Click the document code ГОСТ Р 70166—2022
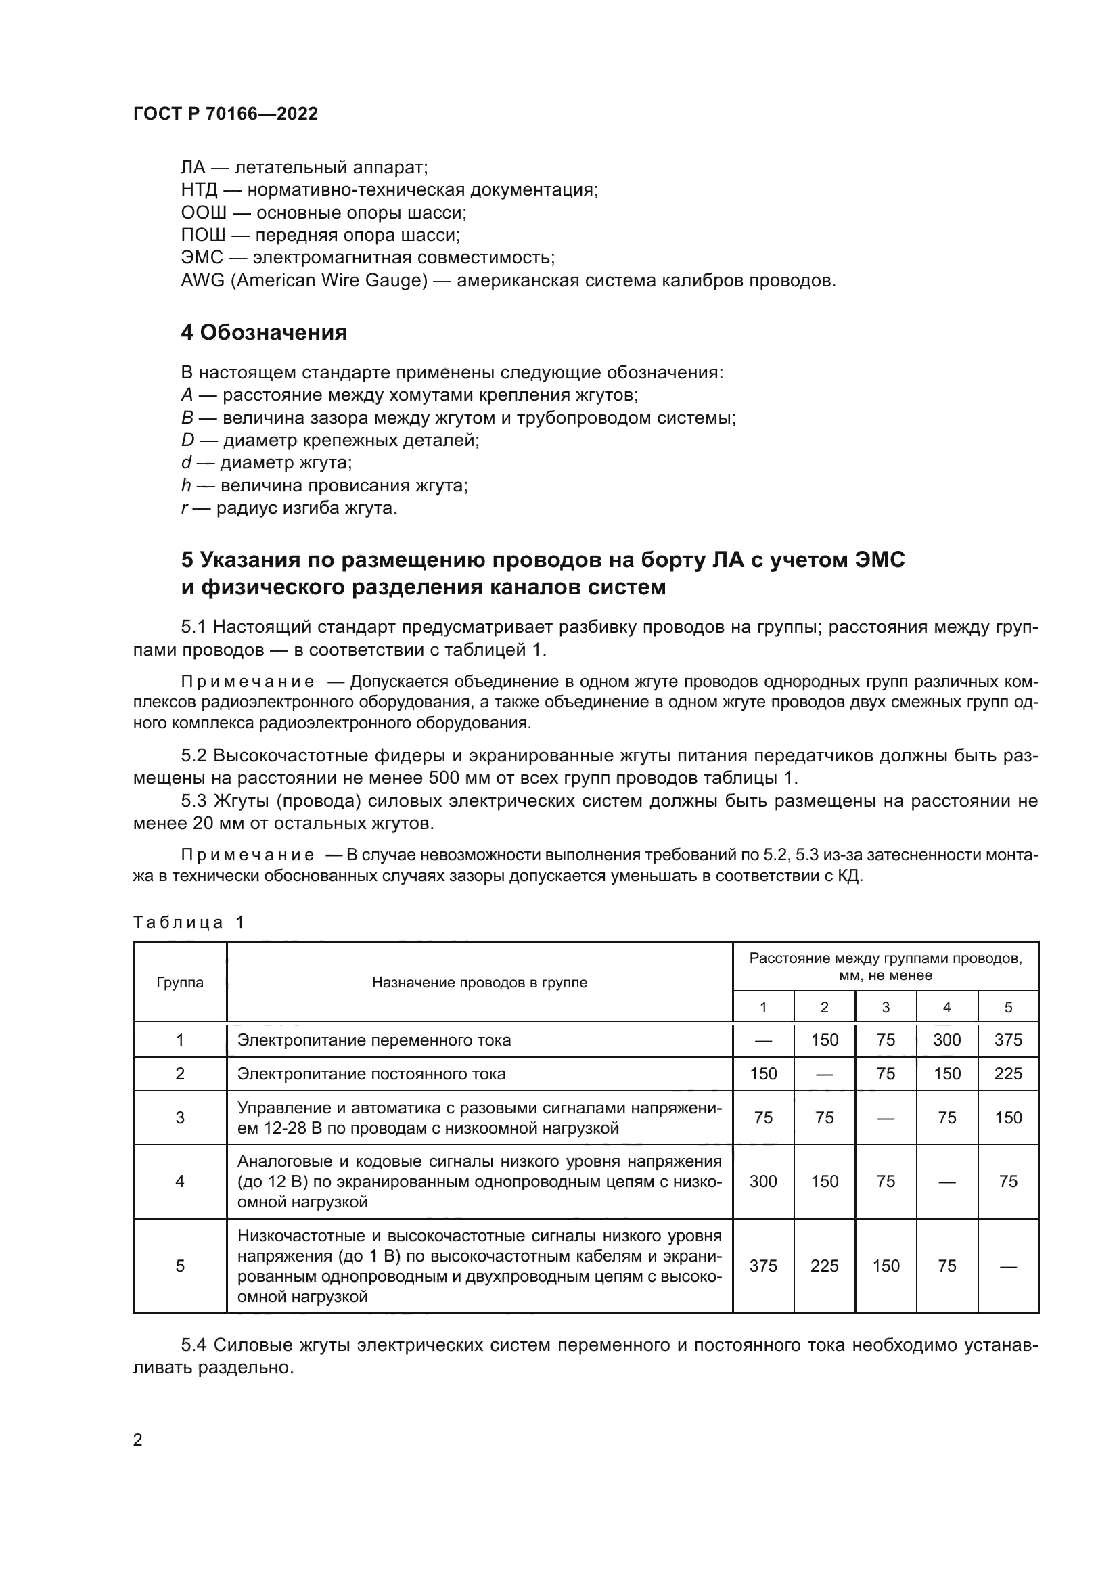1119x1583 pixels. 225,114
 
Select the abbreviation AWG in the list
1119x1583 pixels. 202,281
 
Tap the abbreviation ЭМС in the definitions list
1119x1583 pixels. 202,258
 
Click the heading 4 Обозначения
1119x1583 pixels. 264,333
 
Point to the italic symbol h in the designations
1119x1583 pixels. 186,485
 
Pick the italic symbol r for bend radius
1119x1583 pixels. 184,508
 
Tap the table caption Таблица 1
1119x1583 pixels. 188,922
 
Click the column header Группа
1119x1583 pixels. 180,983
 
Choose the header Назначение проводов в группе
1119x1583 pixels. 480,983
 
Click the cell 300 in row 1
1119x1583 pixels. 946,1040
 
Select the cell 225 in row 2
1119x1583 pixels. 1008,1074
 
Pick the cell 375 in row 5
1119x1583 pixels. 762,1266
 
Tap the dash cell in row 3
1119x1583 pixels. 886,1117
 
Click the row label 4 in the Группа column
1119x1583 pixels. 180,1182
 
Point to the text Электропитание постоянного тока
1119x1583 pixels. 371,1074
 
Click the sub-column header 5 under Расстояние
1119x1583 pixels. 1008,1008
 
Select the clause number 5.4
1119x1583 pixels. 194,1346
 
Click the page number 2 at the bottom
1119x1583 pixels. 138,1440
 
